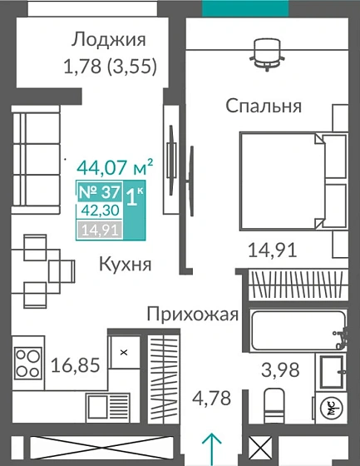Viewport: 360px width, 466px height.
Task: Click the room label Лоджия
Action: [109, 39]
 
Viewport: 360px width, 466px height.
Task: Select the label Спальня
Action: [264, 106]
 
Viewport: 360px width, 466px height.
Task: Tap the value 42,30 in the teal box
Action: [100, 211]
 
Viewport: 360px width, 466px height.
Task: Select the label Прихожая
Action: [193, 314]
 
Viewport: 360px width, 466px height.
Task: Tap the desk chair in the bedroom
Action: [266, 52]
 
